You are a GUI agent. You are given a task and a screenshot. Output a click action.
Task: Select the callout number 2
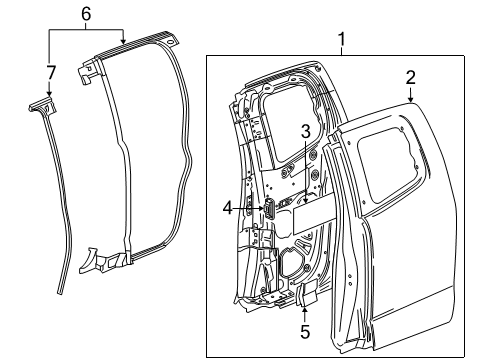[x=410, y=78]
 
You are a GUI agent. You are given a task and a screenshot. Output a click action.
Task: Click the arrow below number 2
[x=410, y=97]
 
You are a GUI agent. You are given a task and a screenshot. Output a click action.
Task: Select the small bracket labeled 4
[x=268, y=209]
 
